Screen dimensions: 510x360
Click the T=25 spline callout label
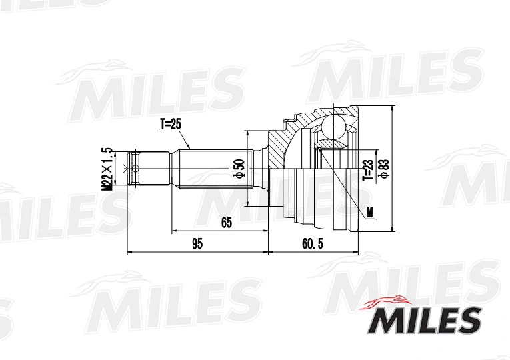click(170, 125)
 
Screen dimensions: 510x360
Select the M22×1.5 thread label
click(107, 169)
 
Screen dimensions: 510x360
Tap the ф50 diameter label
click(240, 169)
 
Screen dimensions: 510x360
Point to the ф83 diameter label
click(385, 169)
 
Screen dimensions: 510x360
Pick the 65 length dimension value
click(227, 223)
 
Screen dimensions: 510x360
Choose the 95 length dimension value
click(197, 243)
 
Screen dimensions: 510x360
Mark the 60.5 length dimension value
click(313, 243)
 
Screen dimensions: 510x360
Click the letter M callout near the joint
click(370, 212)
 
